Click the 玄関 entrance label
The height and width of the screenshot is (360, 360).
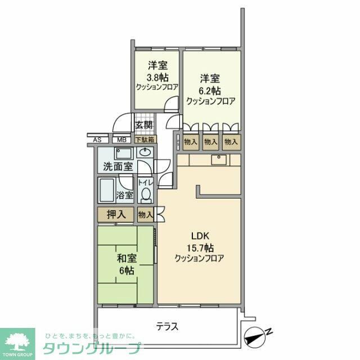144,125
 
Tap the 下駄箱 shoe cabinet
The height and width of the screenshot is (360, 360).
145,139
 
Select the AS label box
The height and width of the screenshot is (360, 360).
97,139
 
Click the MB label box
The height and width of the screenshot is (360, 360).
121,139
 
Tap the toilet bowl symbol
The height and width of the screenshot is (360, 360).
146,193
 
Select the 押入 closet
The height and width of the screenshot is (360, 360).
115,214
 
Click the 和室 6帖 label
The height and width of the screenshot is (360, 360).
125,264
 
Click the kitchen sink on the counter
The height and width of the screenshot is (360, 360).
218,160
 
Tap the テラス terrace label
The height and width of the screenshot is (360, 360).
168,326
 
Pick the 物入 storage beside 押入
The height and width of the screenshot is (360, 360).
146,214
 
